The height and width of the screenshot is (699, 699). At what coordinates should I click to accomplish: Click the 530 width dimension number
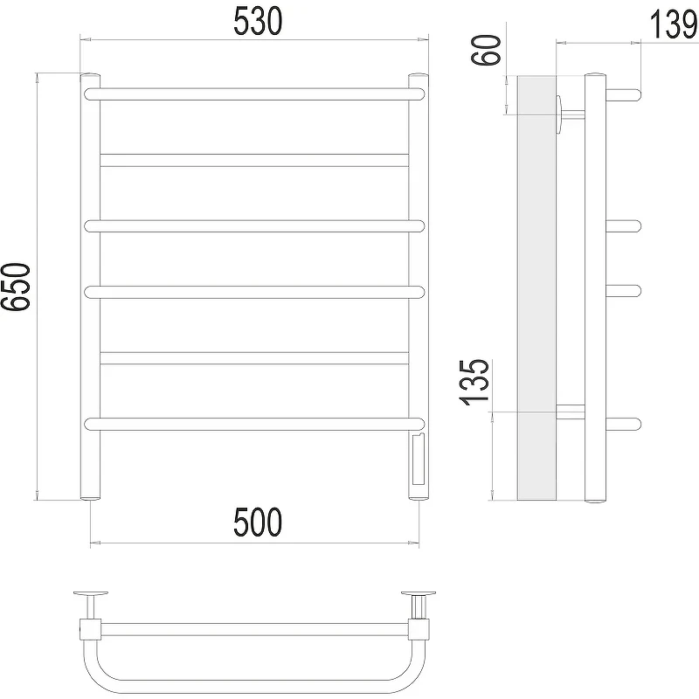pyautogui.click(x=258, y=21)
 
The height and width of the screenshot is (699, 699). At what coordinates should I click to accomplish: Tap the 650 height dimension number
pyautogui.click(x=16, y=287)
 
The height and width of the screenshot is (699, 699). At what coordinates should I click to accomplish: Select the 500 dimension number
pyautogui.click(x=258, y=522)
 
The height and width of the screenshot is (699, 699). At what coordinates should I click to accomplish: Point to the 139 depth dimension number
pyautogui.click(x=673, y=24)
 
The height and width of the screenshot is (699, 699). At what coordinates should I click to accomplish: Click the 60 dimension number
pyautogui.click(x=487, y=50)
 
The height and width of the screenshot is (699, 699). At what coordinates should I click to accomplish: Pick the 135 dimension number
pyautogui.click(x=474, y=382)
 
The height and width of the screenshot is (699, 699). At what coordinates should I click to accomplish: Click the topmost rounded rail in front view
pyautogui.click(x=254, y=94)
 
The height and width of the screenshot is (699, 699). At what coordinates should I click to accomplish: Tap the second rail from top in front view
pyautogui.click(x=254, y=161)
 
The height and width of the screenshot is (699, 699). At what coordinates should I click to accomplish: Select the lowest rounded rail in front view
pyautogui.click(x=254, y=424)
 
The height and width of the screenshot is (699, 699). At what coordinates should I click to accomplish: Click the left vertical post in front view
pyautogui.click(x=90, y=287)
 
